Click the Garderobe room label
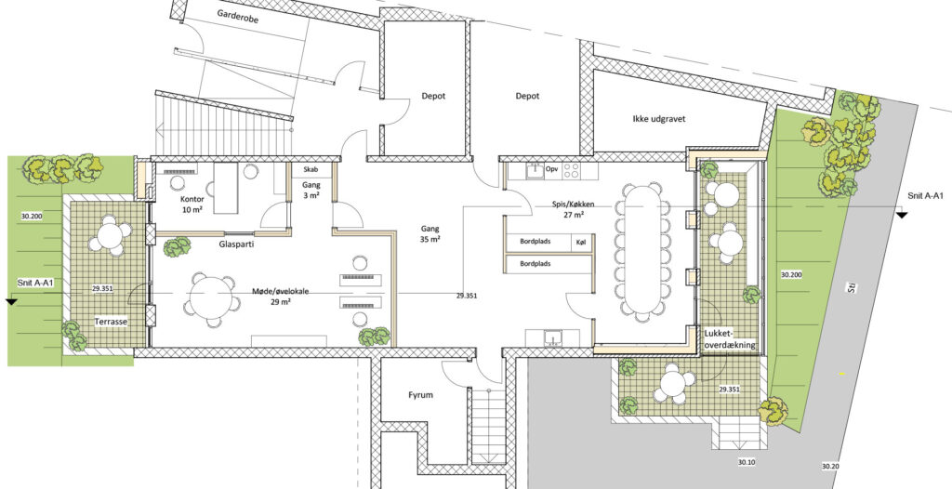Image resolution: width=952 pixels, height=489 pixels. coord(238,19)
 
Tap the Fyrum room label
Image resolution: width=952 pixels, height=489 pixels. coord(420,395)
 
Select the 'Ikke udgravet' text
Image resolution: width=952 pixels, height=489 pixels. coord(659,120)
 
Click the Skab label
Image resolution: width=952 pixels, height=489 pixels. coord(311,169)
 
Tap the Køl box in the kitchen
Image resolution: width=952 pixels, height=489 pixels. coord(581,243)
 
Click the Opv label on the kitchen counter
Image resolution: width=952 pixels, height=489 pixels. coord(552,169)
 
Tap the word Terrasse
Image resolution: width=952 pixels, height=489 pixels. coord(112,322)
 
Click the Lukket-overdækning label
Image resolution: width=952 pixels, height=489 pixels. coord(730,339)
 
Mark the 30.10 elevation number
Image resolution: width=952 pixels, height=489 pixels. coord(747,463)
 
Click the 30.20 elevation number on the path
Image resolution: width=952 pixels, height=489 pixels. coord(830,467)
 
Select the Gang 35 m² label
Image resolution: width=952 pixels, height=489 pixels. coord(430,234)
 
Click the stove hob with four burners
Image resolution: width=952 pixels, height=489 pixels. coord(572,170)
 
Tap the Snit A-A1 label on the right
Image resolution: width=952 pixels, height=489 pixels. coord(926,196)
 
